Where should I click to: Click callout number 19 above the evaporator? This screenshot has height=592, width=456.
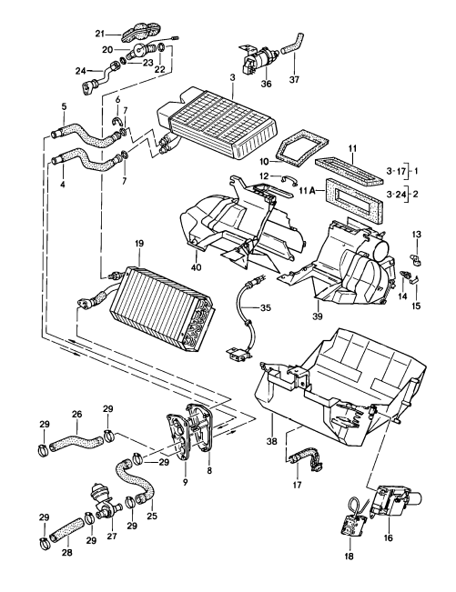139,245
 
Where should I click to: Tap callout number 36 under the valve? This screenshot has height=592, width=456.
266,84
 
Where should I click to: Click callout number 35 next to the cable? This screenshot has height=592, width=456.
265,308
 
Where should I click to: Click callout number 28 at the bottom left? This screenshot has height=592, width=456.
66,552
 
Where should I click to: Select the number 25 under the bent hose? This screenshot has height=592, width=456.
152,517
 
